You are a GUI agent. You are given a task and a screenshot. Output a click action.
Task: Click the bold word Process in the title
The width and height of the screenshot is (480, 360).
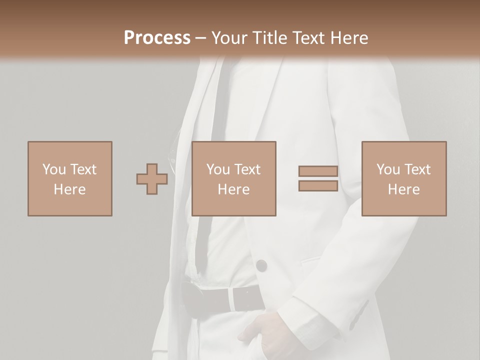[x=157, y=38]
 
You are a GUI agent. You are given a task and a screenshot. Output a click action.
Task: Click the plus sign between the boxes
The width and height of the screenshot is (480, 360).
[x=152, y=179]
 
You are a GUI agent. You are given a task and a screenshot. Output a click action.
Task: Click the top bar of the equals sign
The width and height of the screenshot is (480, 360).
[x=318, y=171]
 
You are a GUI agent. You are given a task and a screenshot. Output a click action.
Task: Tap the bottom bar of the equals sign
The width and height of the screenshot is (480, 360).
[x=318, y=185]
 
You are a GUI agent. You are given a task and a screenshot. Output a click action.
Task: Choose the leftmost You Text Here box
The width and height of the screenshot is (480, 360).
[x=70, y=178]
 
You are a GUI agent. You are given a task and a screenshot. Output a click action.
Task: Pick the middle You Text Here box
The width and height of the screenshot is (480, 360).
[x=233, y=178]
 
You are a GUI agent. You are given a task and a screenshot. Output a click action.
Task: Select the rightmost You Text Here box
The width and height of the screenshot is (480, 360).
[x=404, y=178]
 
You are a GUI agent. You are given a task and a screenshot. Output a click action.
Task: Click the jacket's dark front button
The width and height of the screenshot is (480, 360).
[x=261, y=265]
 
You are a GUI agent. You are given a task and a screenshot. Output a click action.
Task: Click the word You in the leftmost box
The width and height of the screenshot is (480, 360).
[x=54, y=169]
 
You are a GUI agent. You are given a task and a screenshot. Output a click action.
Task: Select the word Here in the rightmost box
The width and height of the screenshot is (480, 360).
[x=404, y=189]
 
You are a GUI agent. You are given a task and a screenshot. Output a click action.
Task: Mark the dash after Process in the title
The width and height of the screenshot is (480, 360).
[x=200, y=38]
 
